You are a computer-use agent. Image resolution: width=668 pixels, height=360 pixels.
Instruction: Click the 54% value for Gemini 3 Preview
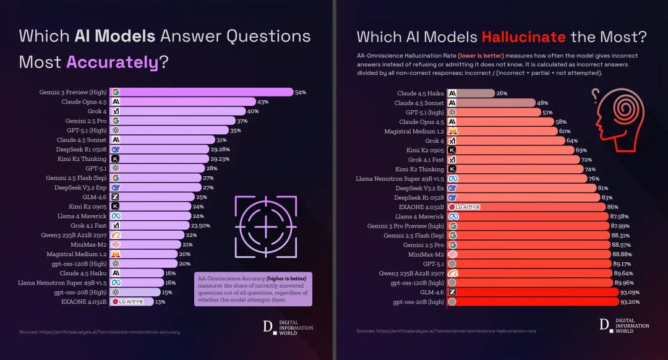[x=301, y=92]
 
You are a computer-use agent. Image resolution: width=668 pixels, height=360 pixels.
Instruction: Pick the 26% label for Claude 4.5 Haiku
[x=502, y=93]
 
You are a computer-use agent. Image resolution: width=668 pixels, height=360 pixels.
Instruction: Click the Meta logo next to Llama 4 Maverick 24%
[x=116, y=216]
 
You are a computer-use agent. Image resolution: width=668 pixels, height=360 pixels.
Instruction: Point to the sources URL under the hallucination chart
[x=446, y=331]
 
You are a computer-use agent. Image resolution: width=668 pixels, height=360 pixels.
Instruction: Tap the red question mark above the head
[x=596, y=95]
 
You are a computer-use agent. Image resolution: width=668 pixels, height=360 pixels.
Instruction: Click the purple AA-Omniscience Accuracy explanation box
[x=253, y=288]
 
